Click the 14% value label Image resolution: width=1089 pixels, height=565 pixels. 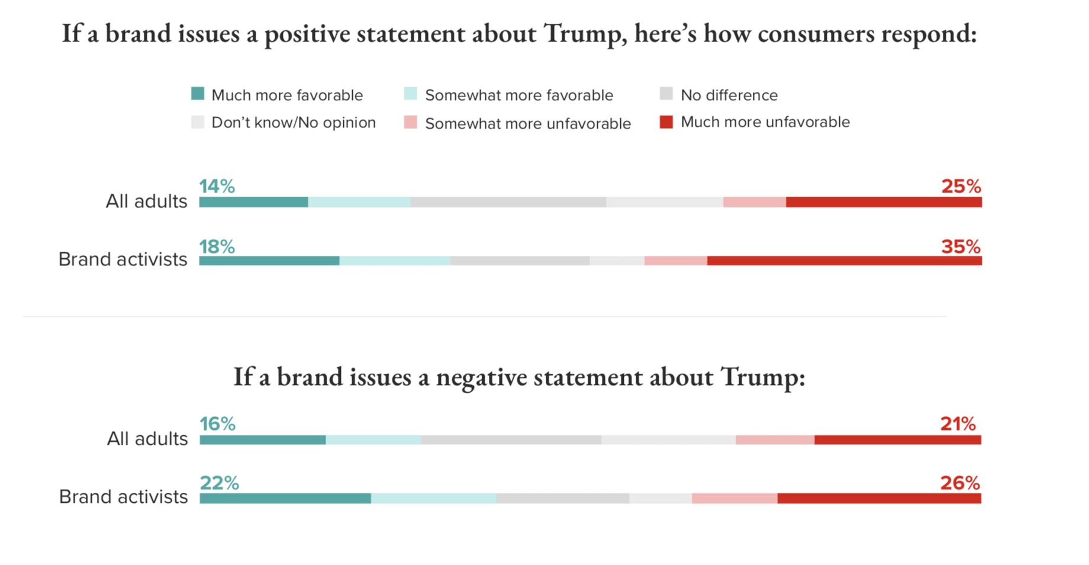click(217, 187)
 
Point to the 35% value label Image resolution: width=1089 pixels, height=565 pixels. click(961, 246)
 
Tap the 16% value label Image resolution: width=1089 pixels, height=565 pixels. click(217, 424)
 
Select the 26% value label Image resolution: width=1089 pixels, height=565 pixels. click(960, 483)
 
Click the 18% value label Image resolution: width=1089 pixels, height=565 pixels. click(217, 246)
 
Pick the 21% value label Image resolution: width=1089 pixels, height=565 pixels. click(958, 424)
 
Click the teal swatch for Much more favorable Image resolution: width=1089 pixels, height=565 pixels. click(198, 94)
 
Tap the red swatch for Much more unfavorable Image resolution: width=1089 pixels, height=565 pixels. click(666, 122)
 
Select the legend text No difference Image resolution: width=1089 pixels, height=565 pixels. click(729, 95)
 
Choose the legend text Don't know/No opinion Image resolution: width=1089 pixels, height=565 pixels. click(294, 123)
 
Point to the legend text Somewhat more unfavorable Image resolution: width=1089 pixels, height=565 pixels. click(528, 124)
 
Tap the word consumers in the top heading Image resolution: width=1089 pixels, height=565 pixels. click(816, 34)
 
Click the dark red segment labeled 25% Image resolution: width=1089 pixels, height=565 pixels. click(884, 203)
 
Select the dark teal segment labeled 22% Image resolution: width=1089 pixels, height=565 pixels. click(285, 499)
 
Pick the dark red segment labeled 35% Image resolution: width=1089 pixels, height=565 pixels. click(844, 261)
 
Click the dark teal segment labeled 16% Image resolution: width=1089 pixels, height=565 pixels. click(263, 440)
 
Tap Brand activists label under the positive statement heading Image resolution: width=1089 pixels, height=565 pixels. click(123, 259)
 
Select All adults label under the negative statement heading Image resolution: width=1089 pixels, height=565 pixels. click(147, 439)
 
